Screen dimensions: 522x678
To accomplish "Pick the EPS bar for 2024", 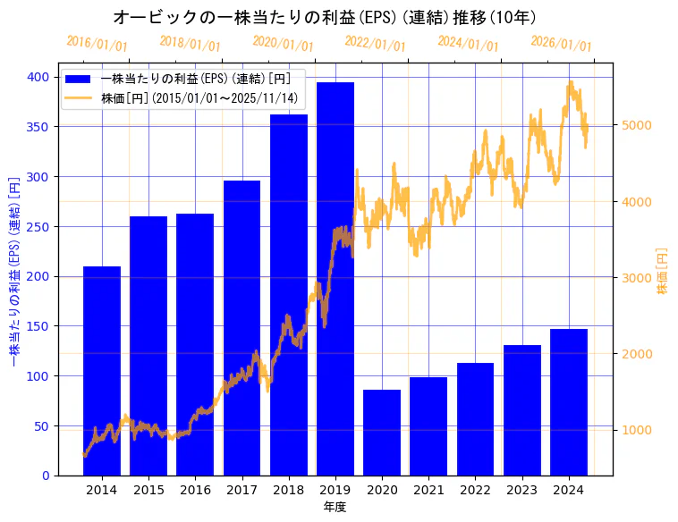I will coord(569,401).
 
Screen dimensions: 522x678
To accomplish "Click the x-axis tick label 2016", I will coord(195,490).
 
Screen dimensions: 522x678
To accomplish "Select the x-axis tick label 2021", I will coord(428,490).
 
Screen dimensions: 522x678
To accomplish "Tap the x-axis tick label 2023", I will coord(522,490).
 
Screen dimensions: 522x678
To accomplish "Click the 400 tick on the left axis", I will coord(38,77).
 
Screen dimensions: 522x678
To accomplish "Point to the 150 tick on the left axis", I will coord(38,326).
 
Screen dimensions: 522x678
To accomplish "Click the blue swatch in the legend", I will coord(81,79).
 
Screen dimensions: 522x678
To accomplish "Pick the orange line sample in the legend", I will coord(81,97).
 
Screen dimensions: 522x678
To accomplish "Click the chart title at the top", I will coord(325,17).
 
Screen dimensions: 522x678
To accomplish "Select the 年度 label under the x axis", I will coord(335,507).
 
